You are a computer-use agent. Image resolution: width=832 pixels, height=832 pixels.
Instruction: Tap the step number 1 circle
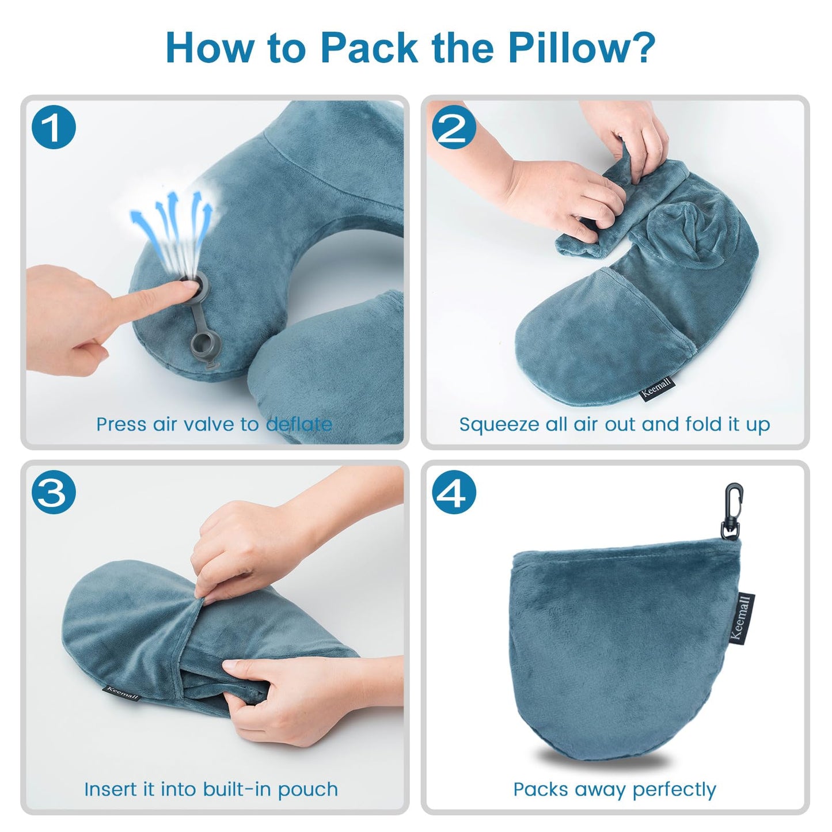pyautogui.click(x=54, y=127)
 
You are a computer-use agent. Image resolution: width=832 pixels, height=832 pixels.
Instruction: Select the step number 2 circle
pyautogui.click(x=453, y=127)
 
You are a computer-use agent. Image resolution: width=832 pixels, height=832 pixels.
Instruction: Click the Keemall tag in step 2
pyautogui.click(x=657, y=389)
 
